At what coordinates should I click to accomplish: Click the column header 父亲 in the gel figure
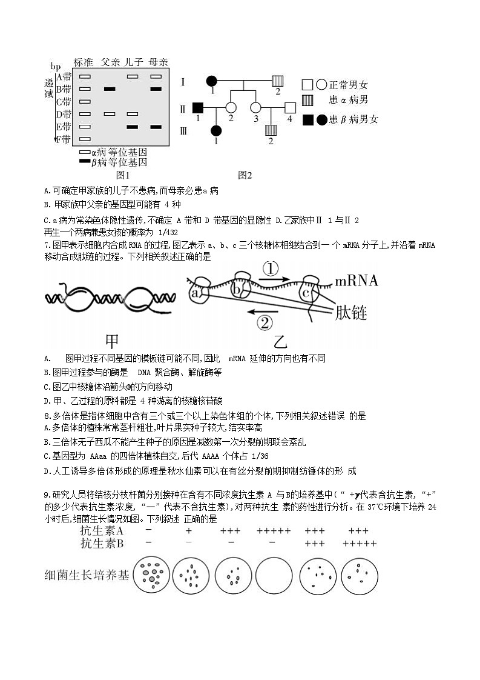coord(110,62)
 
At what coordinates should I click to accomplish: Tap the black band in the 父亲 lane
coord(110,89)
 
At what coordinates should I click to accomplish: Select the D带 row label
coord(64,114)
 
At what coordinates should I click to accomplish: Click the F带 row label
coord(64,139)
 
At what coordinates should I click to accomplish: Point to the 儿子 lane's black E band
coord(133,127)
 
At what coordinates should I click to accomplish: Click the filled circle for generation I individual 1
coord(212,81)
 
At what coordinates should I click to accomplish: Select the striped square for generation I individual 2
coord(277,81)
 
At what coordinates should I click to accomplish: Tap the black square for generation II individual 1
coord(197,108)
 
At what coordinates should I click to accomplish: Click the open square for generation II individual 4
coord(290,108)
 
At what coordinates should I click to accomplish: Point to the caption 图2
coord(245,175)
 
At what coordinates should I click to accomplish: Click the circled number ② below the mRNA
coord(265,322)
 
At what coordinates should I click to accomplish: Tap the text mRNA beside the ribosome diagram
coord(357,281)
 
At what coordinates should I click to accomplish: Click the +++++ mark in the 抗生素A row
coord(274,531)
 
